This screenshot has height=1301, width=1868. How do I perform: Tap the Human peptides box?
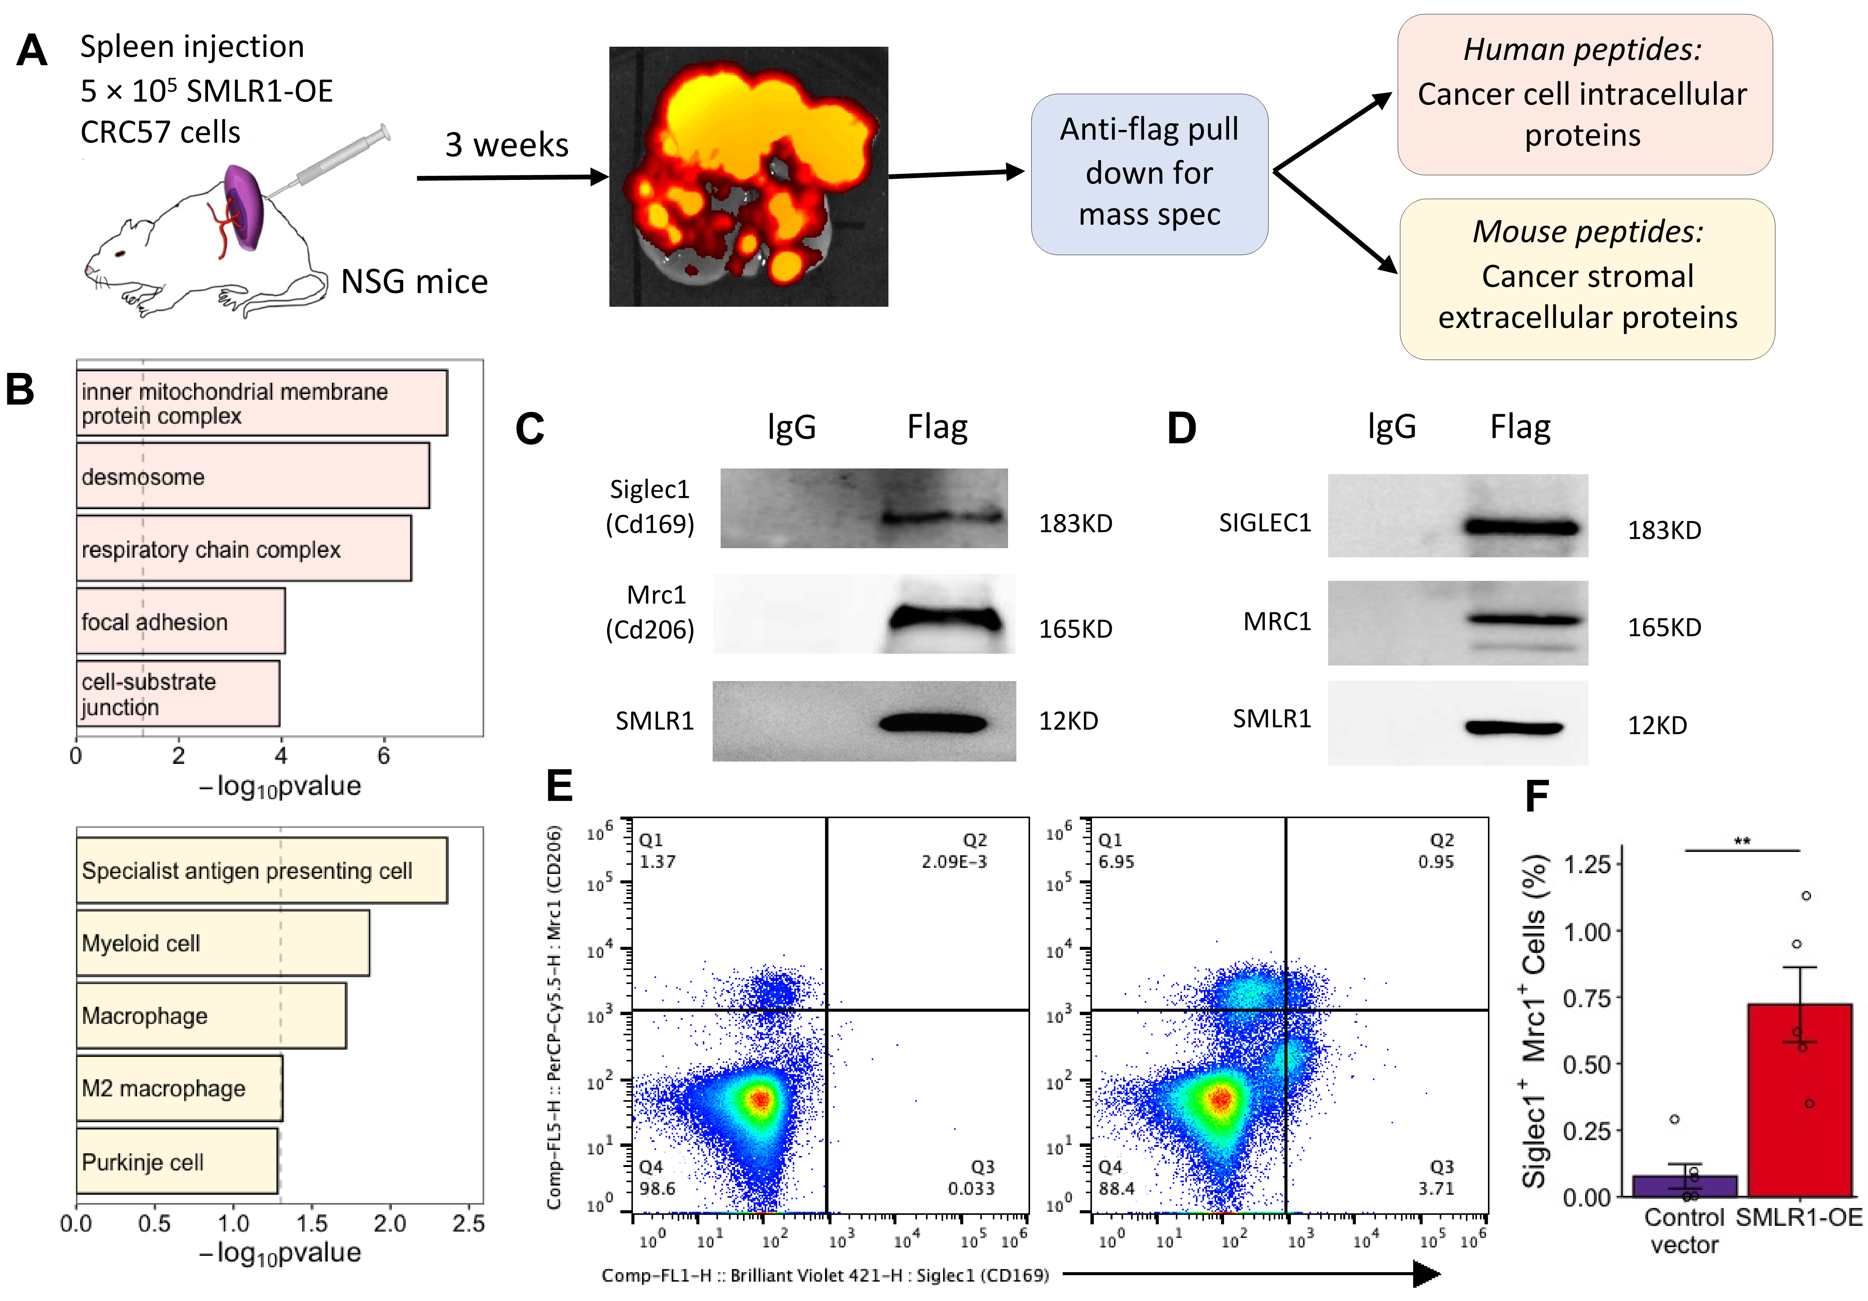pos(1584,93)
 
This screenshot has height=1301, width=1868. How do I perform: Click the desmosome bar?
pos(252,476)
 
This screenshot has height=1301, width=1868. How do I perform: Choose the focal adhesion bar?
pos(181,621)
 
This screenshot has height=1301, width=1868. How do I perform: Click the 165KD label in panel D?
pos(1664,627)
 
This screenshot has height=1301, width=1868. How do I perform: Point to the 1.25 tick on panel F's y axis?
pos(1587,864)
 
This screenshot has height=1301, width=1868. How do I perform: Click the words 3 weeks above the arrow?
pos(506,145)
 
